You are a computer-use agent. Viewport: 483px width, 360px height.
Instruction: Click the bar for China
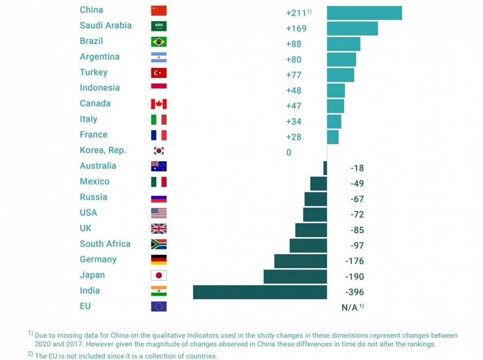click(x=364, y=13)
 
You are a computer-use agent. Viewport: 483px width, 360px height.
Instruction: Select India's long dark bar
click(x=260, y=292)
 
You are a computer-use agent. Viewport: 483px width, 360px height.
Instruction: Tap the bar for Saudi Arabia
click(x=352, y=28)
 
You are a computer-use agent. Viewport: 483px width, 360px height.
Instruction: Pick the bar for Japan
click(x=295, y=277)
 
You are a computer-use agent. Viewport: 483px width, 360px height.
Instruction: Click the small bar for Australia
click(x=325, y=168)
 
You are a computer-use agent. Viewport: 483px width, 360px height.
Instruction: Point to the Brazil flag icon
click(x=158, y=42)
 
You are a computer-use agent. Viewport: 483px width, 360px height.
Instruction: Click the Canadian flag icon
click(x=158, y=104)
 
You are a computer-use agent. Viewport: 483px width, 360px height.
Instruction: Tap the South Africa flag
click(x=158, y=244)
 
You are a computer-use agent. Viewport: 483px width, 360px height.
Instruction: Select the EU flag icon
click(x=158, y=306)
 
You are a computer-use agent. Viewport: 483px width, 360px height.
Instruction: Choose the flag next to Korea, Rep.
click(x=158, y=151)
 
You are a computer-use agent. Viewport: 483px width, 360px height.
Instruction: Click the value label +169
click(x=296, y=28)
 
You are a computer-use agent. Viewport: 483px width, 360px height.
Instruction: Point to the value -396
click(x=354, y=292)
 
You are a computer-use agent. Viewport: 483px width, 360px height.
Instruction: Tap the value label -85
click(x=357, y=230)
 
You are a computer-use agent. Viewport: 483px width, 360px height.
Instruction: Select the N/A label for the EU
click(x=349, y=307)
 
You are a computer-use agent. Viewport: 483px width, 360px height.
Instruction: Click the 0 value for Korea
click(x=289, y=152)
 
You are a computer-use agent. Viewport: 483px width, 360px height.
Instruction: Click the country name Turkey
click(x=93, y=72)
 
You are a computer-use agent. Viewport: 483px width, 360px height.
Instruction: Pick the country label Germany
click(x=98, y=259)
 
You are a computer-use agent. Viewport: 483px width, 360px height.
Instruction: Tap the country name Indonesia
click(x=99, y=88)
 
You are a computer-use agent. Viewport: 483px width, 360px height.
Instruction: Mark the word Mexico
click(x=94, y=181)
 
